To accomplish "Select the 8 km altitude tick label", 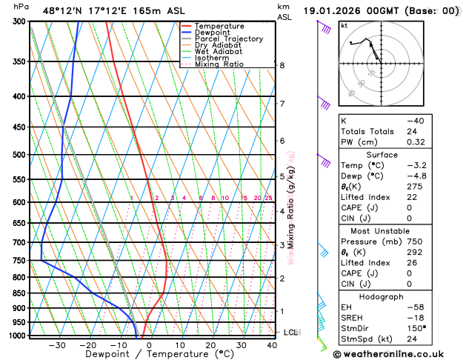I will pyautogui.click(x=282, y=65).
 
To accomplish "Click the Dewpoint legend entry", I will pyautogui.click(x=213, y=33).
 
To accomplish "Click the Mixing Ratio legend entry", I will pyautogui.click(x=219, y=64).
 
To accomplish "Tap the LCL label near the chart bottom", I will pyautogui.click(x=290, y=333).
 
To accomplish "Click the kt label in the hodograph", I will pyautogui.click(x=344, y=26).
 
